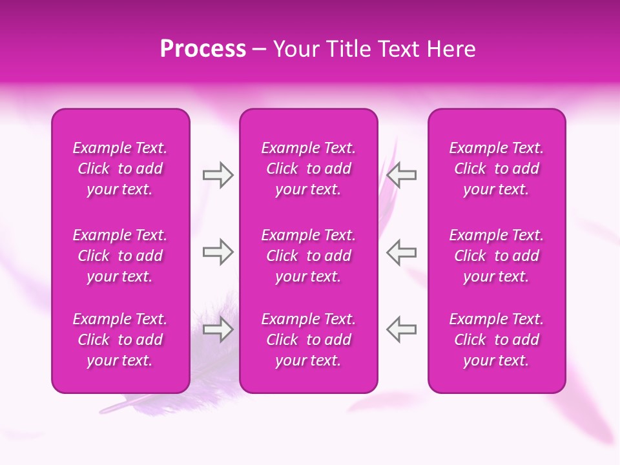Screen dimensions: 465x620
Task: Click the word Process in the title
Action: [203, 49]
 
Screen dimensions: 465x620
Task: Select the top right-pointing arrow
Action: [218, 175]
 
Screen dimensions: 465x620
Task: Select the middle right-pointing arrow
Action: [218, 252]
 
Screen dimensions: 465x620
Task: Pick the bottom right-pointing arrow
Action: [218, 329]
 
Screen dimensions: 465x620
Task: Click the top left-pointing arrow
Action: [402, 175]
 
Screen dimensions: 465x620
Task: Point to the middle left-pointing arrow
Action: [402, 252]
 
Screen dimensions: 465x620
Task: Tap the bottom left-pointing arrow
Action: [402, 329]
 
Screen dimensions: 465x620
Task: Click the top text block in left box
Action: [120, 169]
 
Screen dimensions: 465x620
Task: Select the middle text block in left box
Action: [120, 256]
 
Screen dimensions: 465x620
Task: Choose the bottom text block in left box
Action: [120, 340]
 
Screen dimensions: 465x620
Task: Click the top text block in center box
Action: [309, 169]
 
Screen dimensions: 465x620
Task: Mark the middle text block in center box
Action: [309, 256]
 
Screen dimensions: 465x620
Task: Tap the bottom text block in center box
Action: [309, 340]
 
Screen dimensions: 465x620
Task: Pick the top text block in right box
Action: [497, 169]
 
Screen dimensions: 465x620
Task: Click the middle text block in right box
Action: [497, 256]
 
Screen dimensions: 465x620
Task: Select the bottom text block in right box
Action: [497, 340]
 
